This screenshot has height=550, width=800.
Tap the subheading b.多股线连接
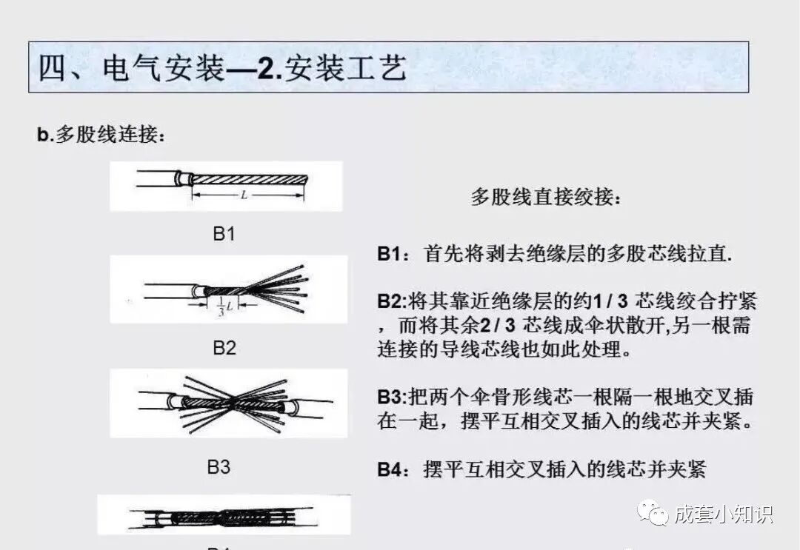tap(101, 135)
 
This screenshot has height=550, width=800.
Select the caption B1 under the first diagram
tap(224, 234)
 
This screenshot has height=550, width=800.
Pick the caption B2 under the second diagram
tap(224, 347)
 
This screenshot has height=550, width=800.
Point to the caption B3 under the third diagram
tap(219, 467)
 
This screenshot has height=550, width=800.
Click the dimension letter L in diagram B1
tap(244, 195)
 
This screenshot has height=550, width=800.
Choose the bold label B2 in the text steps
tap(390, 302)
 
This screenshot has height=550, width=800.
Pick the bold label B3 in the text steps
tap(390, 397)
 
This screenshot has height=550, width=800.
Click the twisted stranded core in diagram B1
tap(248, 179)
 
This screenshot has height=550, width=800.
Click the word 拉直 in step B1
tap(708, 254)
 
